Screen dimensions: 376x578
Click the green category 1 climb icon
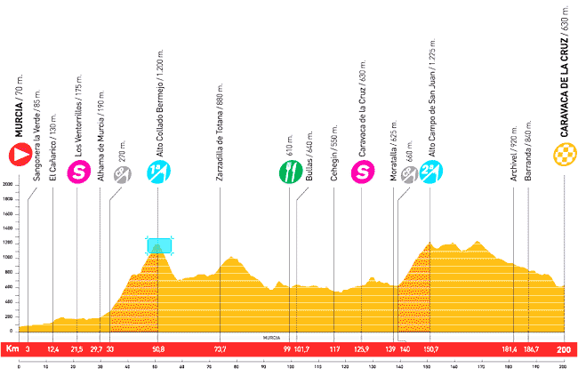click(x=158, y=172)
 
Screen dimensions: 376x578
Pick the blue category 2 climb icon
click(x=430, y=172)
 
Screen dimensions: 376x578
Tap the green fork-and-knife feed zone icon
click(x=288, y=172)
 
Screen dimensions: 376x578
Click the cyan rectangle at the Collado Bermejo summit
click(x=159, y=244)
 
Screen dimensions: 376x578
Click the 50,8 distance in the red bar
click(x=158, y=350)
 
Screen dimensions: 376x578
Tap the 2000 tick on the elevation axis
click(x=7, y=184)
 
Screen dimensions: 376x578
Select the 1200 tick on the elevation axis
click(x=7, y=243)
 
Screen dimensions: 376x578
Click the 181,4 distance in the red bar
click(x=510, y=350)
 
